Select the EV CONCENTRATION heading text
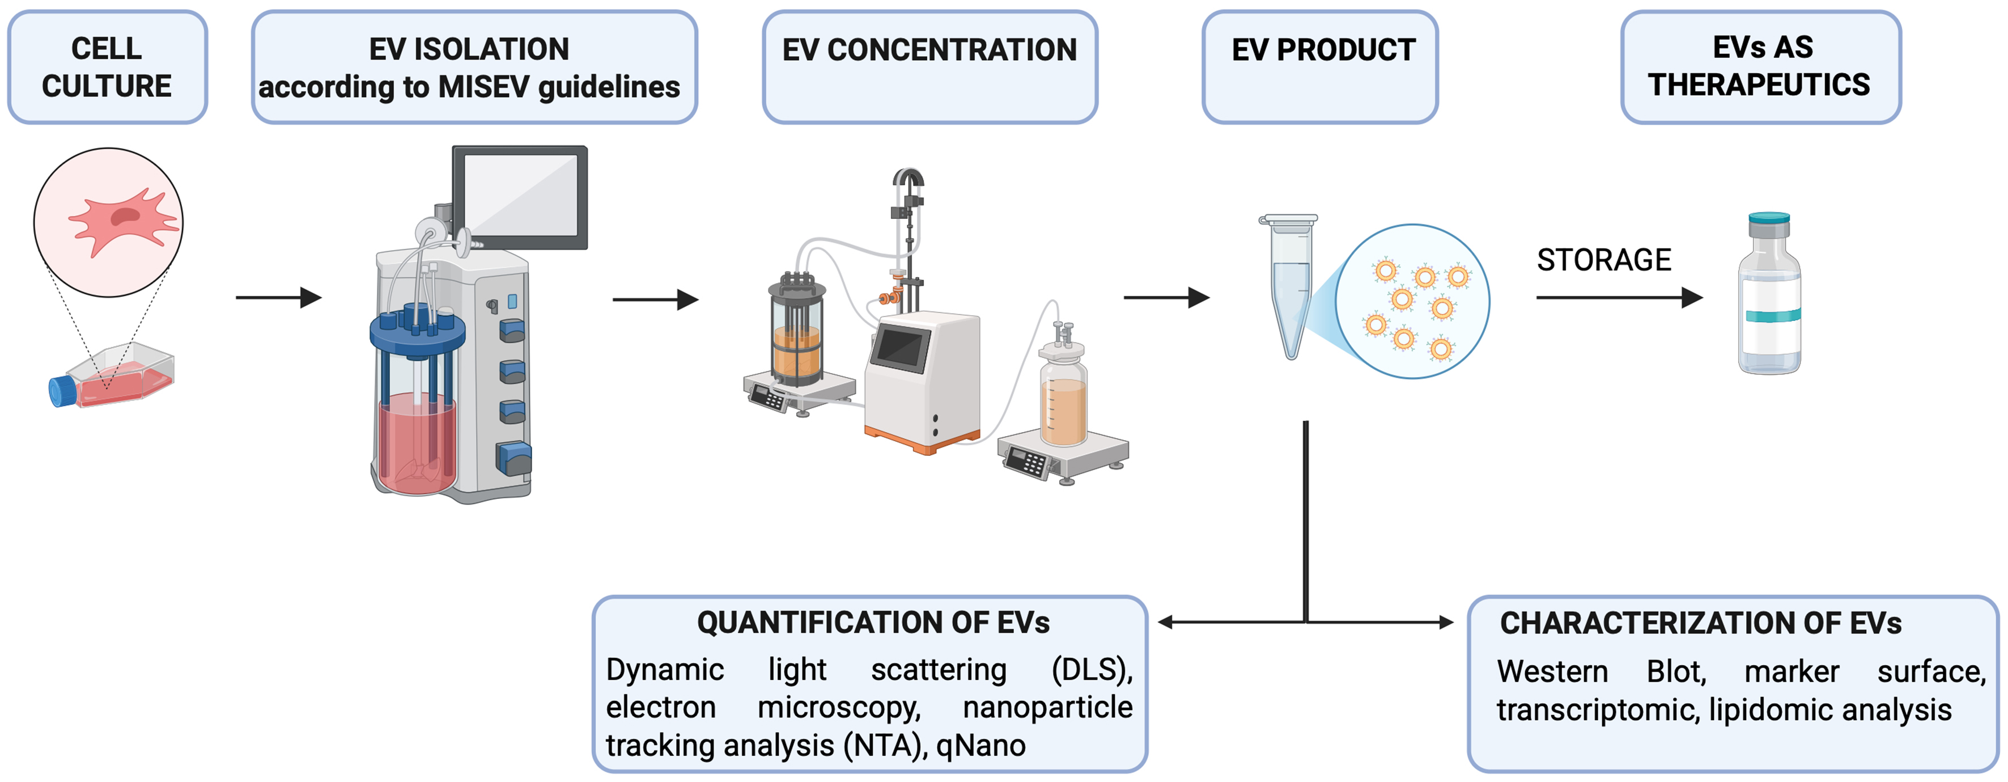[x=929, y=50]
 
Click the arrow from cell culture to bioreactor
[x=278, y=297]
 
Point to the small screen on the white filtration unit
[x=901, y=348]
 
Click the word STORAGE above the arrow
[x=1603, y=260]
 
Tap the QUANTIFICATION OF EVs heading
[x=872, y=622]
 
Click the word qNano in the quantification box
[x=980, y=745]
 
